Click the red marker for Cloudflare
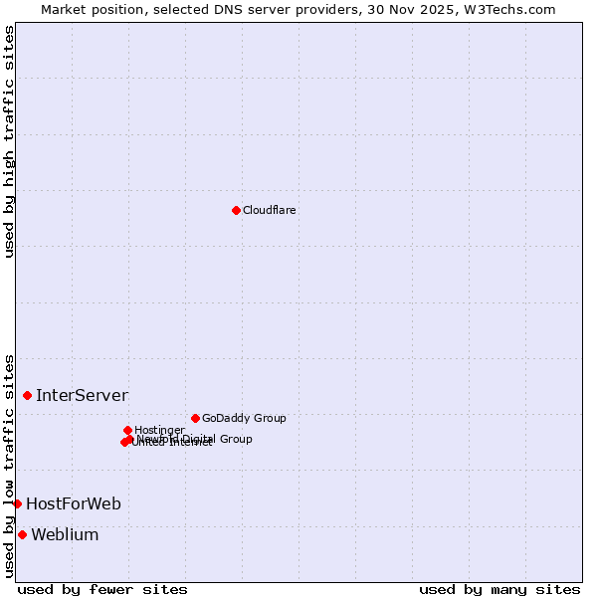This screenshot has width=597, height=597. [236, 210]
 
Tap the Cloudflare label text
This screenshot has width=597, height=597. [270, 210]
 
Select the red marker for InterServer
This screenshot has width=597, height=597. [27, 395]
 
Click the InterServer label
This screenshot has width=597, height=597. [82, 396]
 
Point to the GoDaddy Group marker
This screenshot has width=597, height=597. [195, 418]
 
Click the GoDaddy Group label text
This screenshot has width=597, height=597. [244, 418]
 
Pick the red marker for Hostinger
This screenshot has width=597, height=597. [127, 430]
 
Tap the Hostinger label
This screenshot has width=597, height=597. [159, 430]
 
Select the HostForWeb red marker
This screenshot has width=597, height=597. [17, 503]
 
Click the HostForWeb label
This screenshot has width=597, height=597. [74, 504]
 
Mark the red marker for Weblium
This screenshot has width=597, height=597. [22, 534]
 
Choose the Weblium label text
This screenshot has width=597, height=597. [65, 535]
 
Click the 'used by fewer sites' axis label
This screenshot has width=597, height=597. [102, 589]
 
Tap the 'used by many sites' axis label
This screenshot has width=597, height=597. [499, 589]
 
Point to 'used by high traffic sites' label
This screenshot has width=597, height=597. [10, 141]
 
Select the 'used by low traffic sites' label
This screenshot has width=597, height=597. [10, 465]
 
